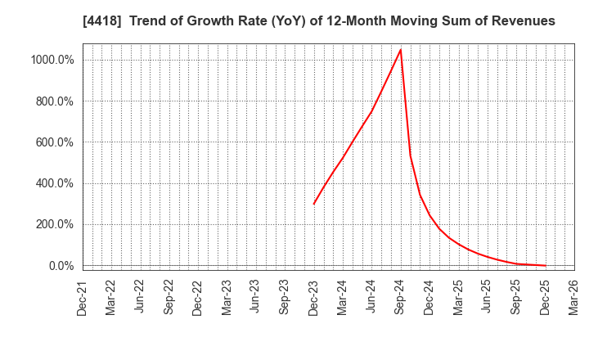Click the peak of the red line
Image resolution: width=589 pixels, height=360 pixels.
click(x=400, y=50)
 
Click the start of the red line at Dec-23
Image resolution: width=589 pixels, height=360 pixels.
click(x=313, y=204)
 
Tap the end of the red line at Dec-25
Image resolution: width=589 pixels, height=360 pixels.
click(x=545, y=265)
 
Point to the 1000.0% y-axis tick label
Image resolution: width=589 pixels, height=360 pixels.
click(x=53, y=60)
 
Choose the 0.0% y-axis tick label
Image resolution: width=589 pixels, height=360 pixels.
click(x=61, y=266)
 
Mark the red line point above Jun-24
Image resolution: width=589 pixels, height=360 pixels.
click(x=371, y=111)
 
